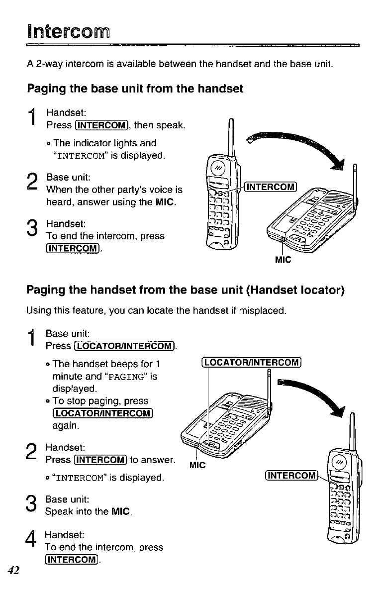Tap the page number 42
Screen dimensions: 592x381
point(13,570)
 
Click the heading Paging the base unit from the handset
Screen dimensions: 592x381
point(135,89)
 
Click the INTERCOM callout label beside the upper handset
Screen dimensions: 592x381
point(272,187)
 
